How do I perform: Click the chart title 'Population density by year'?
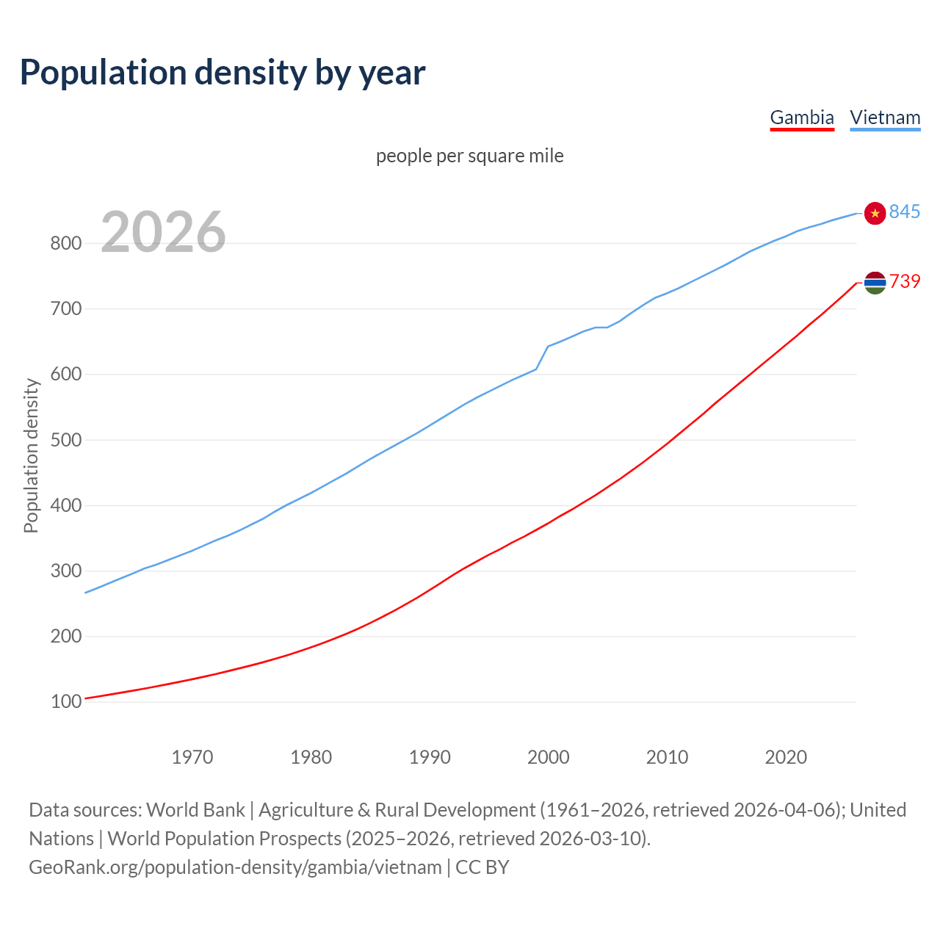point(223,72)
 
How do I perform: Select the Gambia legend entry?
point(801,117)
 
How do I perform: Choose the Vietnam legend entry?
point(885,117)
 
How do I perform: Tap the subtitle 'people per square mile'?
point(469,156)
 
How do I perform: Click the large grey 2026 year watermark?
point(163,232)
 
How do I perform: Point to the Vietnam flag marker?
point(875,213)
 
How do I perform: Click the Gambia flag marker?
point(875,282)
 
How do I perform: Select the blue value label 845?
point(905,211)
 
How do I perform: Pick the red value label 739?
point(905,281)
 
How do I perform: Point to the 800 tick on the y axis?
point(65,244)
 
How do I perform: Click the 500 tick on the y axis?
point(65,441)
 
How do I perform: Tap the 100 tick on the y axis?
point(65,702)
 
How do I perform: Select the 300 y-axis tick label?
point(65,571)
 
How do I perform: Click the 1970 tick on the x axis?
point(192,756)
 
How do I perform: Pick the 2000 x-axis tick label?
point(549,756)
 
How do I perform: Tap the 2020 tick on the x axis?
point(786,756)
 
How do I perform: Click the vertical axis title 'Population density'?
point(31,455)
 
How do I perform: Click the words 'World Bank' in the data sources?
point(195,809)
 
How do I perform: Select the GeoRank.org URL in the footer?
point(235,867)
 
